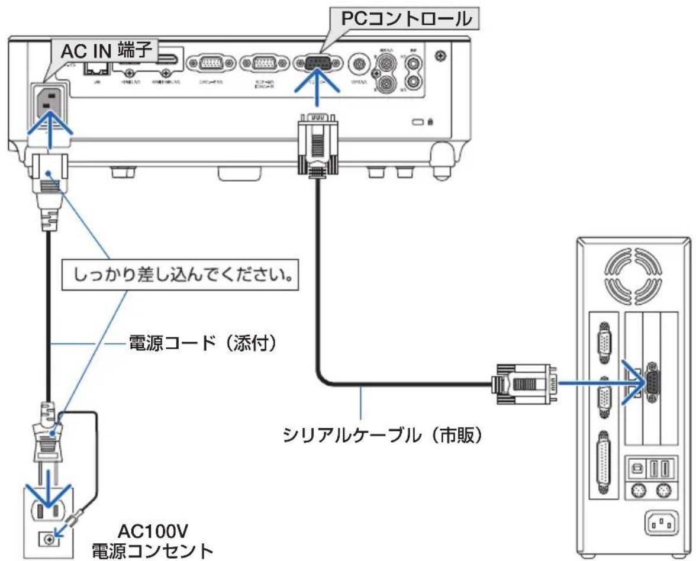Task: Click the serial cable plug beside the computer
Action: tap(523, 383)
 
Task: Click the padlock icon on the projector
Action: tap(430, 122)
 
